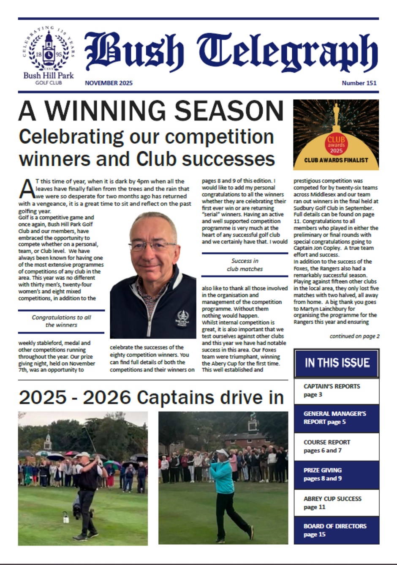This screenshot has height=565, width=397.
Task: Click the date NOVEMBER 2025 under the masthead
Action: pos(109,83)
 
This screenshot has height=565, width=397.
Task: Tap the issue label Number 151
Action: pos(359,83)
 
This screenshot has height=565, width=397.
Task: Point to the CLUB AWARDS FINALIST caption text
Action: pos(336,161)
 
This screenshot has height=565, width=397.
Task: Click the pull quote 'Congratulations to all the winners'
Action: pos(61,321)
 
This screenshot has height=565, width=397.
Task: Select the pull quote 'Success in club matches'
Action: pos(245,265)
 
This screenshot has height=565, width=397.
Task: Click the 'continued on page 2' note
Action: pos(354,336)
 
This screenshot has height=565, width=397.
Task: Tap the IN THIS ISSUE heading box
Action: pos(337,363)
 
